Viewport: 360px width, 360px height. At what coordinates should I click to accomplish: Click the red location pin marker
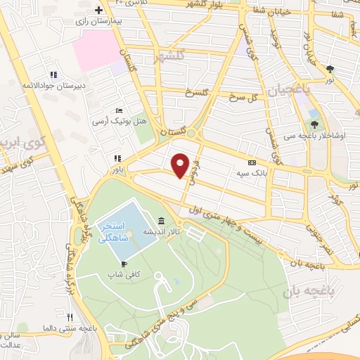181,165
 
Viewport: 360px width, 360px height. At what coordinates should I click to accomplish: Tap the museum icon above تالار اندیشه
162,220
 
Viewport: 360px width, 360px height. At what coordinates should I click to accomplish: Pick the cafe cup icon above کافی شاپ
114,264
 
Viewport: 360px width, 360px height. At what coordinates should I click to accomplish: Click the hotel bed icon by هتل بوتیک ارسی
120,111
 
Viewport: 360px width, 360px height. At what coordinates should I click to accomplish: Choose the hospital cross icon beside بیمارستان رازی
99,10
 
